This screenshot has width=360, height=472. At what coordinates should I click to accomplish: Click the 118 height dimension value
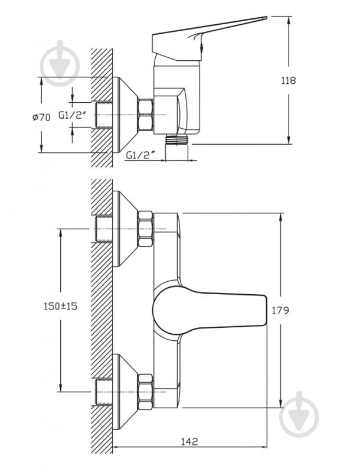coord(289,80)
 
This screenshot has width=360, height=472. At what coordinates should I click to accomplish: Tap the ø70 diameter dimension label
coord(41,118)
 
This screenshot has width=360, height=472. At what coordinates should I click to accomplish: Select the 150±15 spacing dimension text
coord(60,306)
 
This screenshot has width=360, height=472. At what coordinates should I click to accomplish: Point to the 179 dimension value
coord(280,310)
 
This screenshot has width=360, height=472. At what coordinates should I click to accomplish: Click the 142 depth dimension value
coord(189,442)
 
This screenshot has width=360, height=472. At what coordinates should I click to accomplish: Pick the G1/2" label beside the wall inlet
coord(72,115)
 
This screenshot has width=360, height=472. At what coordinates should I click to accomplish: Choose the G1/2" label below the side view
coord(140,155)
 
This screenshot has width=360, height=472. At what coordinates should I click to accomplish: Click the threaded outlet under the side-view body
coord(177,139)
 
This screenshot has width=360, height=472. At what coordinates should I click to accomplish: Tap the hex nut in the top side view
coord(145,115)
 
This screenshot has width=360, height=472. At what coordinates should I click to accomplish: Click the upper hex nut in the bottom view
coord(146,229)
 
